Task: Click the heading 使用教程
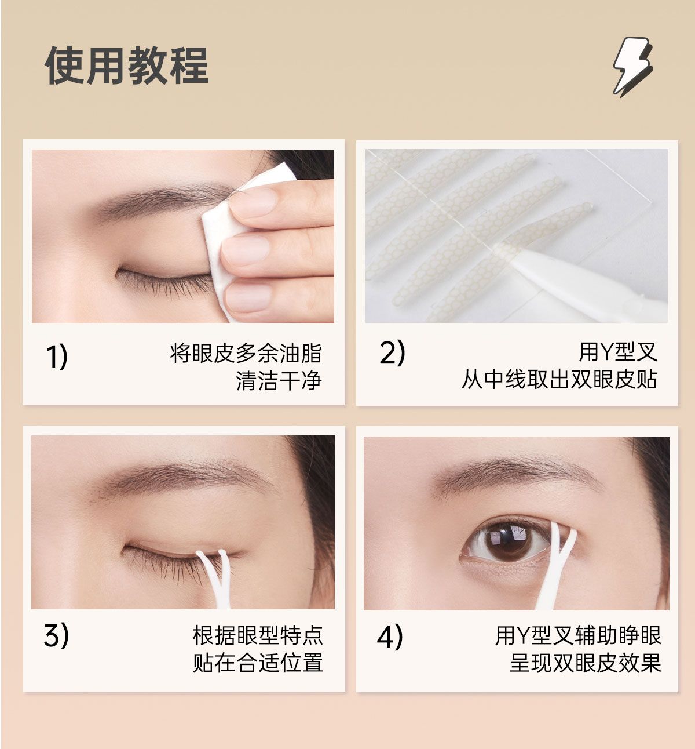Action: coord(127,66)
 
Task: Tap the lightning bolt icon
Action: coord(633,67)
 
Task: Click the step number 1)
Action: coord(57,357)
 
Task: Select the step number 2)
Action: coord(392,352)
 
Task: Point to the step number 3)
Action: coord(57,636)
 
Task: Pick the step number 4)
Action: coord(390,636)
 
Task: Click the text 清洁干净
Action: coord(279,380)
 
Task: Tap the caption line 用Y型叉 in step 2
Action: coord(618,351)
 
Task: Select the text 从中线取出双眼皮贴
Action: coord(559,379)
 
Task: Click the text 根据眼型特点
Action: coord(258,635)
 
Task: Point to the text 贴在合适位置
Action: coord(258,663)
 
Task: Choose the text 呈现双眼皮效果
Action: coord(586,663)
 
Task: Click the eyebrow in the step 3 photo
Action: coord(181,477)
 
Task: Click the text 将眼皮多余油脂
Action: coord(246,353)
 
